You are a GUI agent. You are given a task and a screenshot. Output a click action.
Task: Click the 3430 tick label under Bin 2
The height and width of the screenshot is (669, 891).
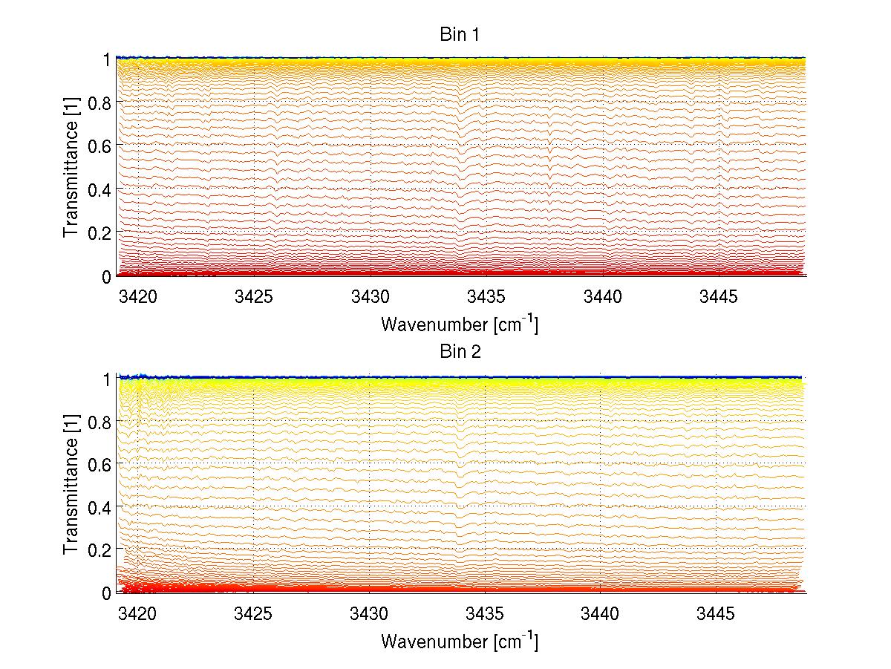click(x=370, y=614)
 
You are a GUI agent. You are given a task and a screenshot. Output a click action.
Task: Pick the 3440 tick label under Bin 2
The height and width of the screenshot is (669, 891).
click(x=601, y=614)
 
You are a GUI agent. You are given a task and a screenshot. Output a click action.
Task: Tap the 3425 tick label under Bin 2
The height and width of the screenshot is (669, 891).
click(x=254, y=614)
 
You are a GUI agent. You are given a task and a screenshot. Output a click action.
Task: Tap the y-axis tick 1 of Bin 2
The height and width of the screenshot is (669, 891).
click(x=107, y=378)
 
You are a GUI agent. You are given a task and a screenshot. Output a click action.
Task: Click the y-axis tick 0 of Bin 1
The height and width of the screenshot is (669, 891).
click(x=107, y=276)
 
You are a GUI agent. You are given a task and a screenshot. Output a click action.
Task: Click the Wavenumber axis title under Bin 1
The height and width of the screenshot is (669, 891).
click(x=460, y=324)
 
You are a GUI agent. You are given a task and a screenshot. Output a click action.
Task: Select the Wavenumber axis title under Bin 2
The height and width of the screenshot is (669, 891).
click(x=460, y=641)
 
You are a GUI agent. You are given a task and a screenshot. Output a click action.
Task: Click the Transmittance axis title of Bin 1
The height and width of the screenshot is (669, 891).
click(x=71, y=167)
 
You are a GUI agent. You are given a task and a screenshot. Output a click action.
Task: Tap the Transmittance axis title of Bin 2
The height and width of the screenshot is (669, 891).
click(x=71, y=484)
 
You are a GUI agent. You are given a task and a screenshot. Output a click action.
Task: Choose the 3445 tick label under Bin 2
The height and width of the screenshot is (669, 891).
click(x=717, y=614)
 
